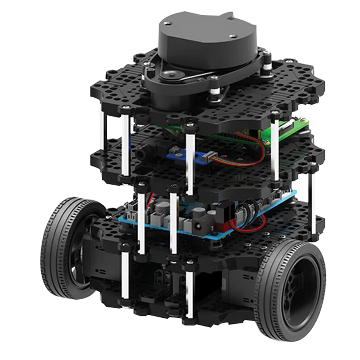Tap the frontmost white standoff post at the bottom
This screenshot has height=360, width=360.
coord(189,292)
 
